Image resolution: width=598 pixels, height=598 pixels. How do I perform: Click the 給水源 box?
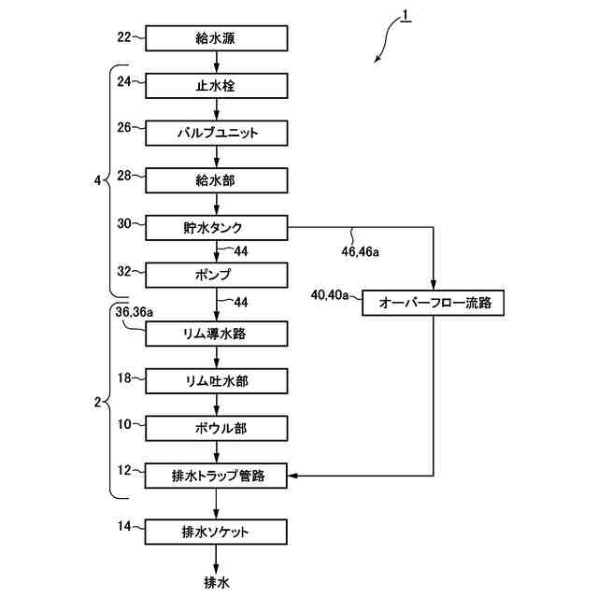[x=217, y=38]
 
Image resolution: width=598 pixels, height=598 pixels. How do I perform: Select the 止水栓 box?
[x=217, y=86]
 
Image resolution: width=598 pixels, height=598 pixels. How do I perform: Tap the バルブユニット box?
[x=217, y=133]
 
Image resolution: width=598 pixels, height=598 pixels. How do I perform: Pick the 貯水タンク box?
[x=217, y=228]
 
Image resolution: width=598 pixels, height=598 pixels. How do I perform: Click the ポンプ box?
[x=217, y=275]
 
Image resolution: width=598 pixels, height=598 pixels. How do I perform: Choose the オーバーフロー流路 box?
[x=434, y=303]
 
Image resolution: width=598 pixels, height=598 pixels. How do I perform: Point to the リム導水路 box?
[x=217, y=334]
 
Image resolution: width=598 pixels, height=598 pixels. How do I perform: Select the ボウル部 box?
[x=217, y=428]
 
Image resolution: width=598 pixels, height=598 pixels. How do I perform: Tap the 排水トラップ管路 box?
[x=216, y=476]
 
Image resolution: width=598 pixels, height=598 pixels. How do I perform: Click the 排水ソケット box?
[x=216, y=532]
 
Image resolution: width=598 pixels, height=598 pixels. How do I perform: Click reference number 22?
[x=124, y=37]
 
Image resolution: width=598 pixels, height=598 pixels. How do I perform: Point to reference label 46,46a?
[x=360, y=251]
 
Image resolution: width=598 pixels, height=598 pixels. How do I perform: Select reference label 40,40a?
[x=330, y=295]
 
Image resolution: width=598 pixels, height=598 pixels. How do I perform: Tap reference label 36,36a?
[x=135, y=312]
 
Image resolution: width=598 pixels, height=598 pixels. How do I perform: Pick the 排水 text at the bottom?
[x=217, y=582]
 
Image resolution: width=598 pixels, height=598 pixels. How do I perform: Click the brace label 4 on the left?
[x=97, y=180]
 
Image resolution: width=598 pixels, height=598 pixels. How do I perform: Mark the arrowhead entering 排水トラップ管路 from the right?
[x=292, y=476]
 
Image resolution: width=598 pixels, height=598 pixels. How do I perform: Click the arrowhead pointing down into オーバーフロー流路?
[x=434, y=285]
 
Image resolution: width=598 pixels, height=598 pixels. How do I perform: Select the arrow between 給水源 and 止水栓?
[x=217, y=62]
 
